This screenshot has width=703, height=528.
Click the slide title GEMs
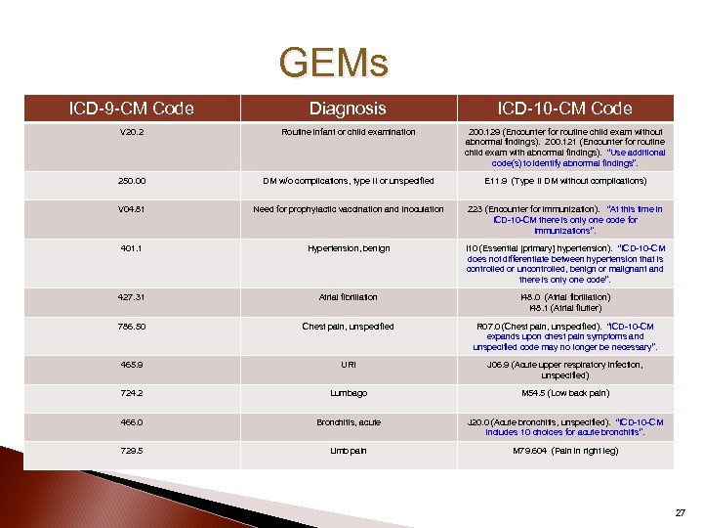(333, 65)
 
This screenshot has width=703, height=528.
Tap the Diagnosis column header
(349, 109)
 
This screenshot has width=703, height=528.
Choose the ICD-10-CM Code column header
(564, 109)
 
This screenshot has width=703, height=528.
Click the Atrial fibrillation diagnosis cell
(349, 297)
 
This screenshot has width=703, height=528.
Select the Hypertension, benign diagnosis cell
(349, 248)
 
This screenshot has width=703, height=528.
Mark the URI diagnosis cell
(349, 365)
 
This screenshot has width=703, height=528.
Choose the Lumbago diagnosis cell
(349, 394)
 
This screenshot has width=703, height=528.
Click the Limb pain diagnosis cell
(349, 451)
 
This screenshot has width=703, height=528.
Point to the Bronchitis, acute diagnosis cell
(349, 422)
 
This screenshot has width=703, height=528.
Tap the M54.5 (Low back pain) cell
(564, 394)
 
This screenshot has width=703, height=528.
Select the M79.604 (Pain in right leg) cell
(564, 451)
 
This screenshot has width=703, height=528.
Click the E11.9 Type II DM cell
(564, 181)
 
